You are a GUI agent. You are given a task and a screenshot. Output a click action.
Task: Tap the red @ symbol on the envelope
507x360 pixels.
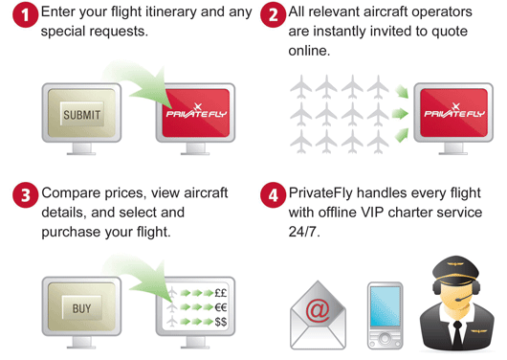[317, 309]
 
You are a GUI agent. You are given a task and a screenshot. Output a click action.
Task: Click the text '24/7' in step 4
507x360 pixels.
[305, 231]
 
